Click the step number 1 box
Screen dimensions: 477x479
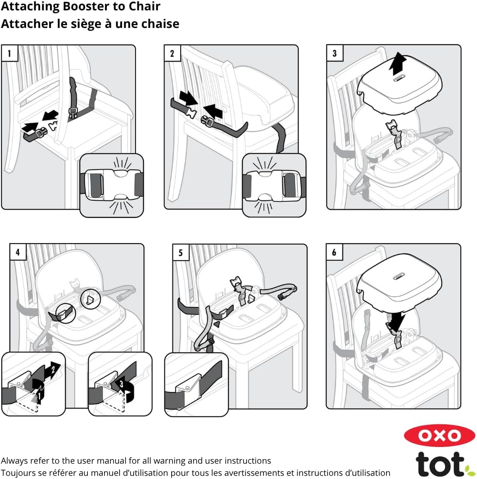click(x=9, y=53)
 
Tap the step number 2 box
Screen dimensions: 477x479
click(x=173, y=53)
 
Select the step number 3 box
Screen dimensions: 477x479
click(x=335, y=53)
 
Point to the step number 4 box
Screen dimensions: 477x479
click(x=18, y=252)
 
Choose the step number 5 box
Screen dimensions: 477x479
click(x=181, y=252)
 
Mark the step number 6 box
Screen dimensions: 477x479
click(x=334, y=252)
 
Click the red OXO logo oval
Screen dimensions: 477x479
click(x=440, y=435)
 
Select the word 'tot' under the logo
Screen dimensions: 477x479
click(x=441, y=464)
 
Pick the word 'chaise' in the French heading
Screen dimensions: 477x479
click(x=163, y=24)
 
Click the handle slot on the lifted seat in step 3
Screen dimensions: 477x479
click(x=398, y=79)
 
